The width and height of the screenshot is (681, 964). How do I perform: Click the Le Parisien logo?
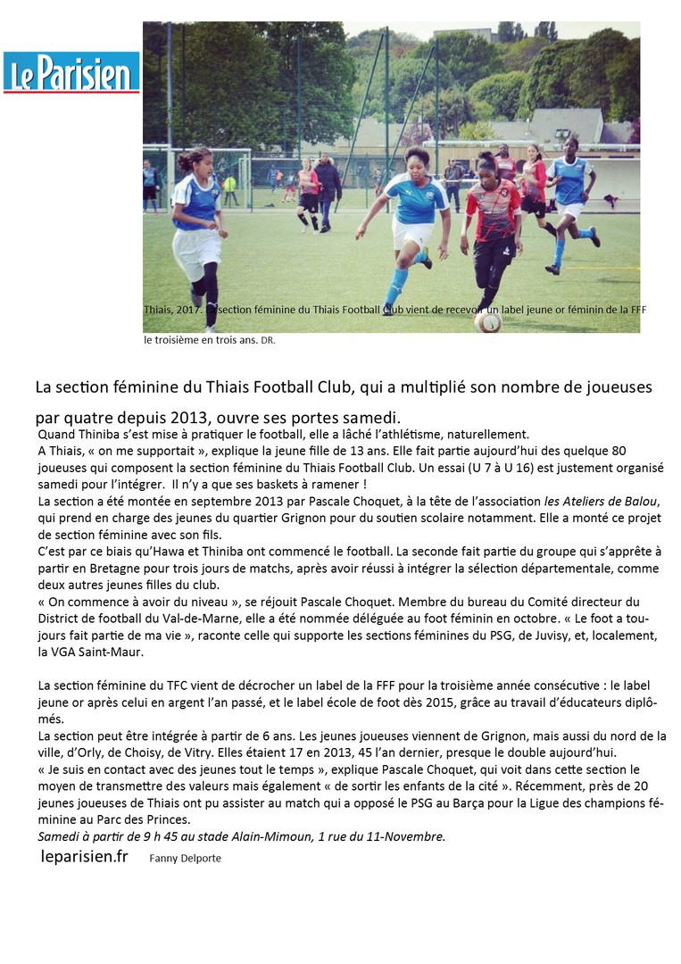(x=71, y=72)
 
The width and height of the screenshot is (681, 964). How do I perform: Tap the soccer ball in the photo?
(x=488, y=321)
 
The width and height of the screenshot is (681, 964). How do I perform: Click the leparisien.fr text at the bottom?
(x=85, y=857)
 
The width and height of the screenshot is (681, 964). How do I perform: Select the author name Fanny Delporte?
(x=185, y=859)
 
